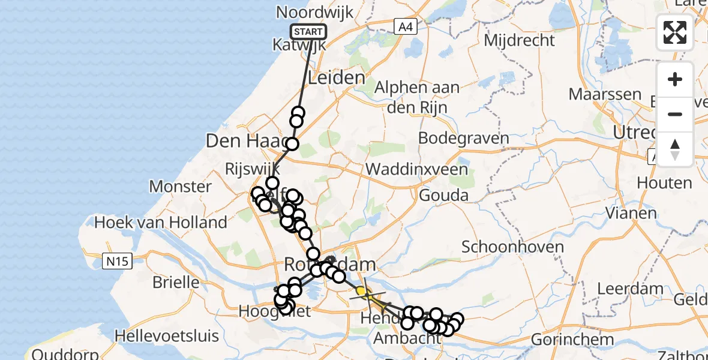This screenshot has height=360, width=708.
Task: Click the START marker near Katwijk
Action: [x=308, y=32]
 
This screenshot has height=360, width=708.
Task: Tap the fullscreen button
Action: [x=675, y=32]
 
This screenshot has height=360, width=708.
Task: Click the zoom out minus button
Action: [x=675, y=114]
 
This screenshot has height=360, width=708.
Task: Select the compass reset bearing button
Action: [x=675, y=149]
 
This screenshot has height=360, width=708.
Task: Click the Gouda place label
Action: [x=443, y=196]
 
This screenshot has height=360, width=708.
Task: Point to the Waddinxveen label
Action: [x=416, y=169]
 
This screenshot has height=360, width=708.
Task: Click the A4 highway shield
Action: [x=406, y=26]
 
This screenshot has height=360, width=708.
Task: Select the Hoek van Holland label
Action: [x=161, y=223]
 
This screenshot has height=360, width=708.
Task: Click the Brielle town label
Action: [x=176, y=281]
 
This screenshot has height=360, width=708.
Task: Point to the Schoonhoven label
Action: [x=512, y=247]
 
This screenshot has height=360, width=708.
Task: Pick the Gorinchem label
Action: [x=572, y=339]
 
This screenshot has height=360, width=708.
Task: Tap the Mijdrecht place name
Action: [x=519, y=41]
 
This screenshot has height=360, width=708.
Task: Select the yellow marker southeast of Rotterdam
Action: [x=361, y=292]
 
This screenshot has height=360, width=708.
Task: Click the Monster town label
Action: [x=180, y=187]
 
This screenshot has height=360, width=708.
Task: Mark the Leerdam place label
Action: [x=629, y=289]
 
